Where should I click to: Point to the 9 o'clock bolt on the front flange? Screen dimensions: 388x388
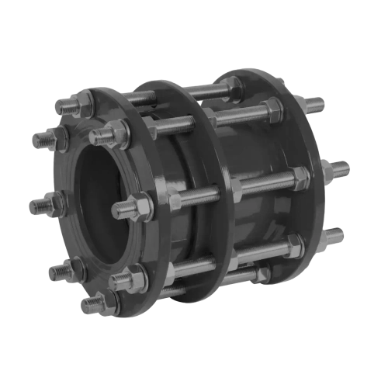40,206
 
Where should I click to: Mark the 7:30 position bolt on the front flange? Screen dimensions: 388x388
58,272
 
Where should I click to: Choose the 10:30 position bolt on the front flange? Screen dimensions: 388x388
45,140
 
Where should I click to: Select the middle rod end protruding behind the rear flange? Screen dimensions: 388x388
339,168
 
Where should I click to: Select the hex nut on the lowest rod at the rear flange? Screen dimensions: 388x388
294,247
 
